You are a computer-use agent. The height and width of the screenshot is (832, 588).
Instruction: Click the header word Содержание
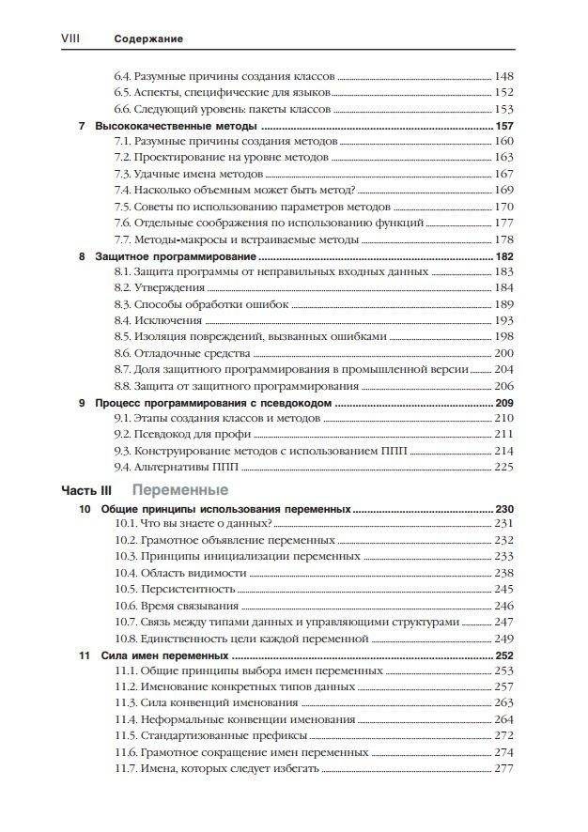click(x=147, y=39)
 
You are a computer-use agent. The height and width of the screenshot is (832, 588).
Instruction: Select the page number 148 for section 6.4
click(x=504, y=76)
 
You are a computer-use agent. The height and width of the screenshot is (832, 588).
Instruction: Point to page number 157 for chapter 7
click(x=504, y=126)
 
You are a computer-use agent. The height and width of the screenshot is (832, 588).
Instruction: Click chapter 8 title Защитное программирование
click(x=177, y=255)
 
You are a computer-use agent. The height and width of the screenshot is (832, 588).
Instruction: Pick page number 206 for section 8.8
click(x=504, y=386)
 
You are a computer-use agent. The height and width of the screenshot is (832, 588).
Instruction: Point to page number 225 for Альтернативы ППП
click(x=504, y=467)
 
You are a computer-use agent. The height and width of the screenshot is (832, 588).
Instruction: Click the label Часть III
click(x=86, y=491)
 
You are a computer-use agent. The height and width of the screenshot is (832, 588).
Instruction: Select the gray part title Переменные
click(x=179, y=490)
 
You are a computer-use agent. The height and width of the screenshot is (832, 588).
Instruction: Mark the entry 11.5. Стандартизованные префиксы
click(x=211, y=735)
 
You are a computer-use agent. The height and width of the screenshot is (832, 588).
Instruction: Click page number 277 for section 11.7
click(x=504, y=768)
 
